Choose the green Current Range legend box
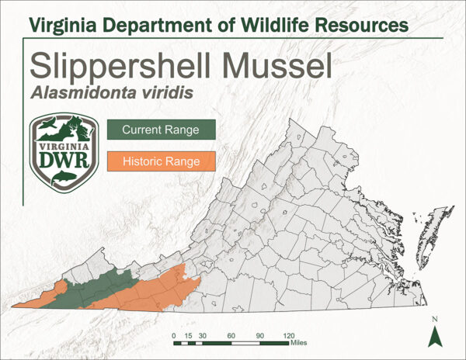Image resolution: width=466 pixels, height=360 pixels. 161,130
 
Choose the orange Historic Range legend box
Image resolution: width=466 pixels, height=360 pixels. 161,162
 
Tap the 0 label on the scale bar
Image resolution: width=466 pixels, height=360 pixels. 174,332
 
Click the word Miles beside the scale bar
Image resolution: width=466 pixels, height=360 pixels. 301,341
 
